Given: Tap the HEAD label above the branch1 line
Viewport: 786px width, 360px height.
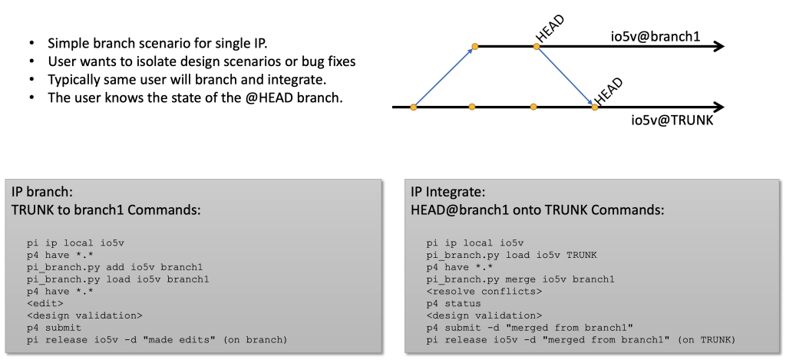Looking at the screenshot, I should click(550, 30).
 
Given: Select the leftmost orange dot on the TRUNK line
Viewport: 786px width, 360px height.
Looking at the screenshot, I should click(414, 107).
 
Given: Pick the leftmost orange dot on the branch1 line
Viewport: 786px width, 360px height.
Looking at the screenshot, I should click(475, 47).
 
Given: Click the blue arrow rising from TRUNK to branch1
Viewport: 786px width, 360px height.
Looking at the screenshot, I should click(444, 77).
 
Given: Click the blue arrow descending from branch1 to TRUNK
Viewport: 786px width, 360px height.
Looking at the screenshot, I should click(565, 76).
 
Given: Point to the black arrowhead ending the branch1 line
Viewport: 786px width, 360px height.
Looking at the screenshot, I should click(719, 47).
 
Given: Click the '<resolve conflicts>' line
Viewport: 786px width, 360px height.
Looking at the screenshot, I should click(474, 291).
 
